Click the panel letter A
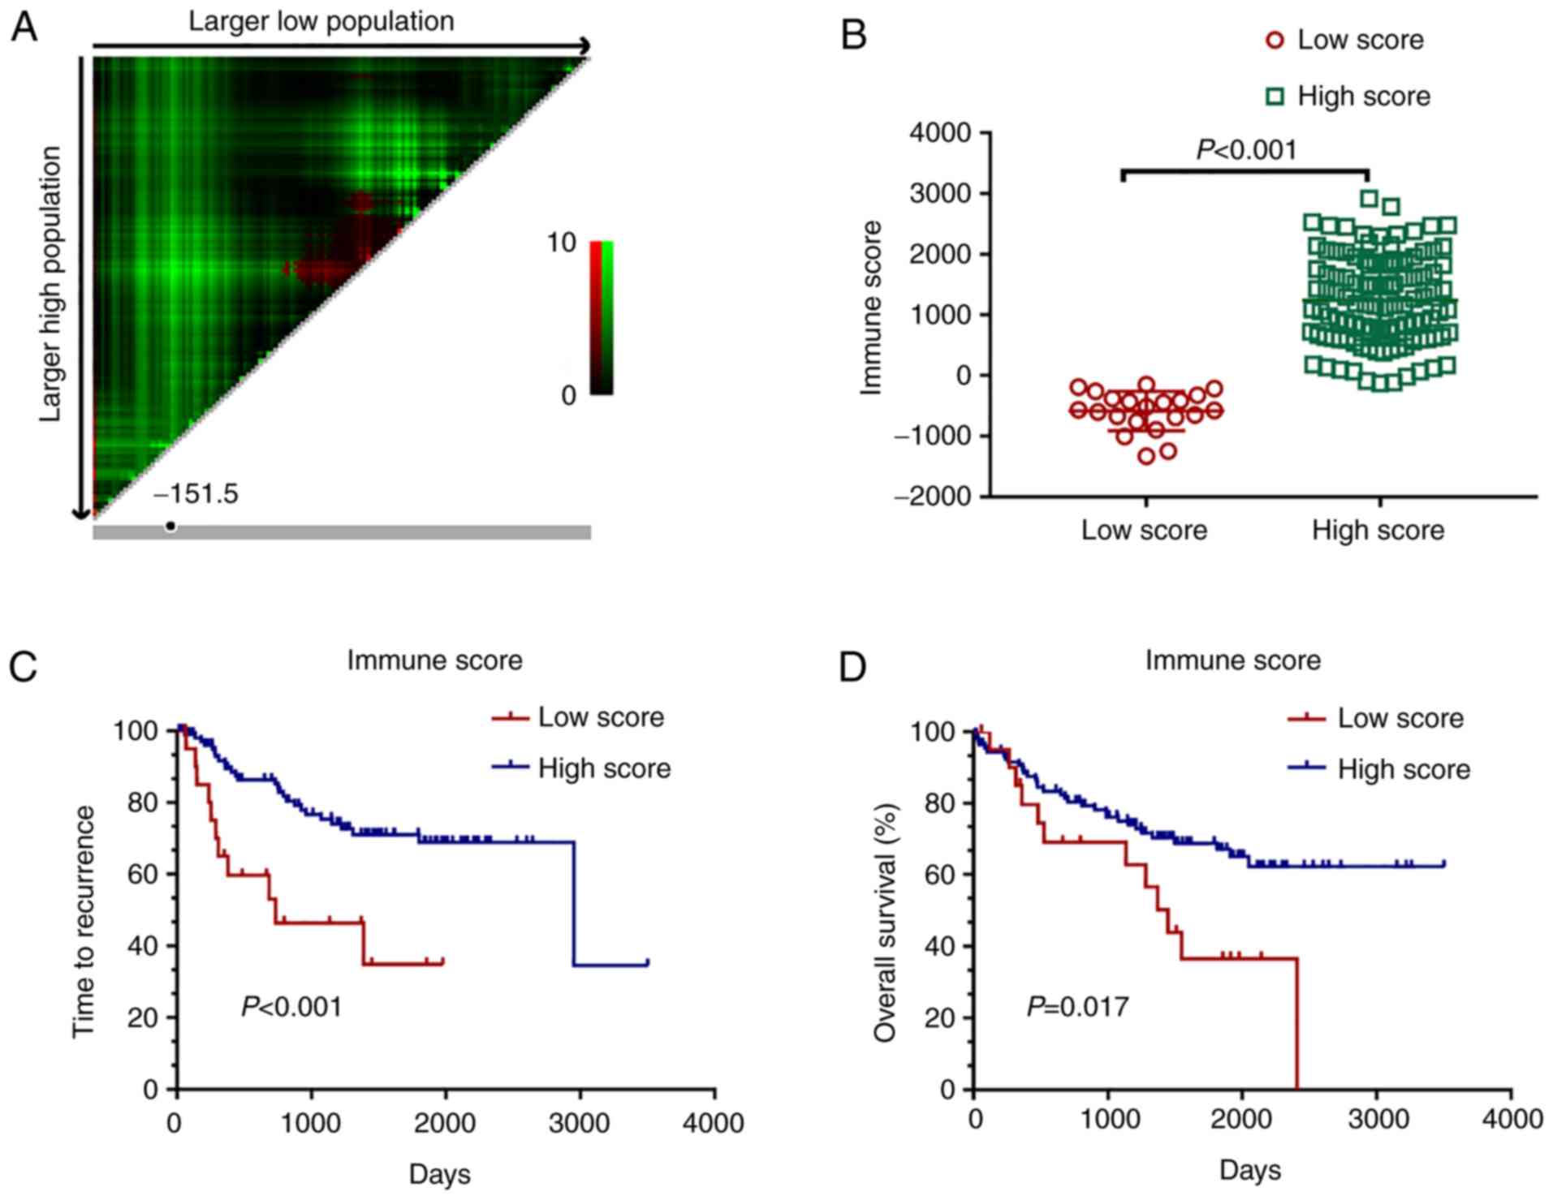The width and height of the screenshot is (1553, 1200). coord(24,28)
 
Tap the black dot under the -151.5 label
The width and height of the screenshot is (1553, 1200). coord(170,527)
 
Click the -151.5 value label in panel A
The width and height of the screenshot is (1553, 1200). coord(197,494)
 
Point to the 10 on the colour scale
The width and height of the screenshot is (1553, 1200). coord(561,243)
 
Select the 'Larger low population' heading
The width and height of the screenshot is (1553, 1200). coord(321,22)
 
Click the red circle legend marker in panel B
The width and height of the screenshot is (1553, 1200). coord(1275,40)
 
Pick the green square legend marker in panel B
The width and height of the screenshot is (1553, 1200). coord(1275,97)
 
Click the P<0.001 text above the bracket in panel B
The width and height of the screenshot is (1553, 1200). coord(1247,150)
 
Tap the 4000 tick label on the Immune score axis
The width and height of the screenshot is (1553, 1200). coord(941,132)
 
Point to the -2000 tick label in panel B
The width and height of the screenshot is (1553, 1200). coord(933,497)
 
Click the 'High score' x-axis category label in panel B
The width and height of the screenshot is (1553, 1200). coord(1378,531)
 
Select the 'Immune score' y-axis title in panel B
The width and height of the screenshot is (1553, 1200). coord(871,308)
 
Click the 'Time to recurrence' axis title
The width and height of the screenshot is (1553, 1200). coord(84,921)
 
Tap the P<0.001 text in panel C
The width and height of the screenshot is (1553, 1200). coord(292,1007)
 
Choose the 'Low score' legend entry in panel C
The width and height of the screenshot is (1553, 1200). coord(601,717)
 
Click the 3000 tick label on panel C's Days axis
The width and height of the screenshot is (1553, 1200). coord(579,1124)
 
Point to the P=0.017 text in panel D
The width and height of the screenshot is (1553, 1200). coord(1078,1007)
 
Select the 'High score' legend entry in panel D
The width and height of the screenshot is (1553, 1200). coord(1404,769)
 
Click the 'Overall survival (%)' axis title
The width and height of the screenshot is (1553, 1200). coord(885,923)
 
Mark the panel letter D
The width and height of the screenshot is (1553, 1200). coord(852,667)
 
